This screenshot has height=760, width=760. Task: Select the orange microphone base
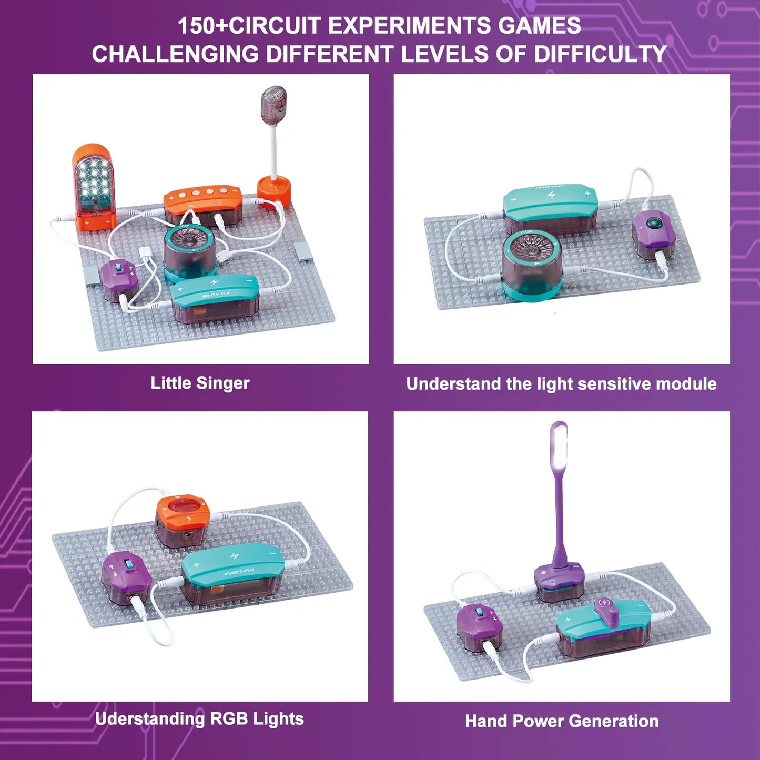pyautogui.click(x=273, y=190)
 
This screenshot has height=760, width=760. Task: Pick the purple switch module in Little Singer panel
pyautogui.click(x=119, y=279)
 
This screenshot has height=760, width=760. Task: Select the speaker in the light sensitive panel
pyautogui.click(x=531, y=266)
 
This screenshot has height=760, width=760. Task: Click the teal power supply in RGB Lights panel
pyautogui.click(x=233, y=573)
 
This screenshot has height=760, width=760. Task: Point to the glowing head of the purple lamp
pyautogui.click(x=559, y=447)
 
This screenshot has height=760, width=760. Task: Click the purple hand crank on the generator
pyautogui.click(x=609, y=610)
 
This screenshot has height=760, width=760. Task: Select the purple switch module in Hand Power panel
pyautogui.click(x=479, y=626)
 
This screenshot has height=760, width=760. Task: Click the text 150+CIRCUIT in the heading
pyautogui.click(x=249, y=26)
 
